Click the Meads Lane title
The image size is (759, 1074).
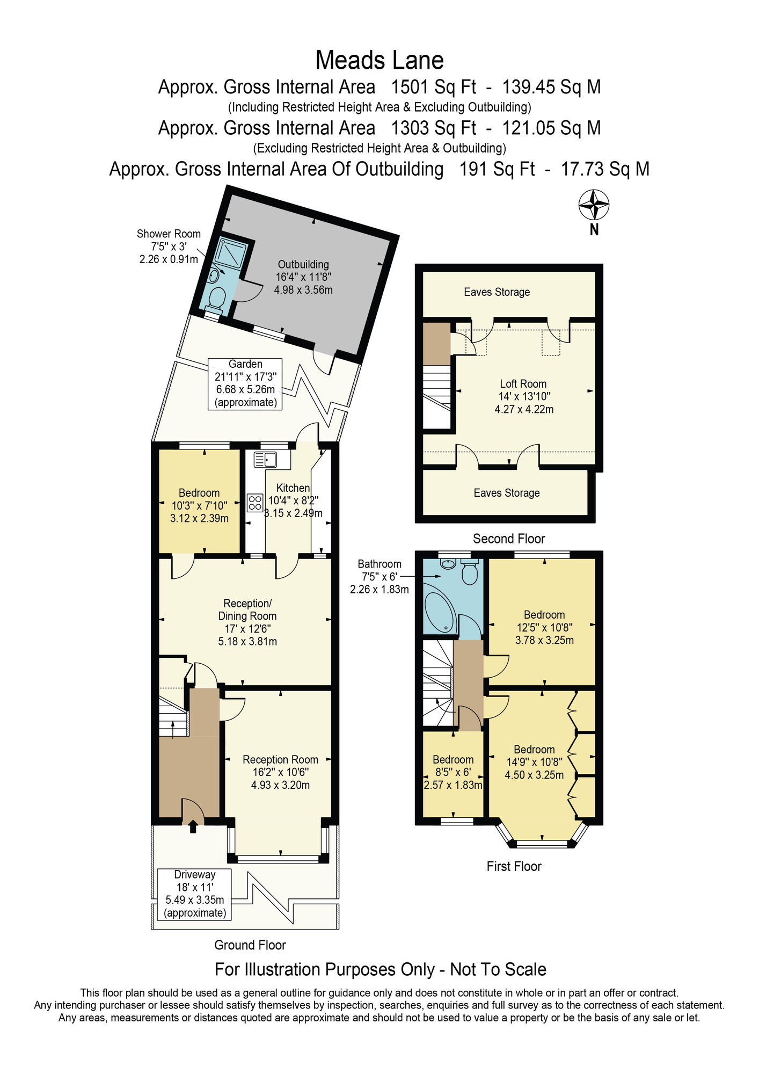[380, 60]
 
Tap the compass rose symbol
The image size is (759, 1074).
[594, 205]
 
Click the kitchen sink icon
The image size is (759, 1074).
[265, 460]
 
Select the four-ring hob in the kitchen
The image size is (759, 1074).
[255, 503]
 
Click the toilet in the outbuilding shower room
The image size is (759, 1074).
[217, 297]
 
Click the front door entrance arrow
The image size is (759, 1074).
[193, 828]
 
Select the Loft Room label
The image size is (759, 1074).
[523, 384]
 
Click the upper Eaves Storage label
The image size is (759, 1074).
[497, 292]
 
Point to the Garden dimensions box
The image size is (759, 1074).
[245, 383]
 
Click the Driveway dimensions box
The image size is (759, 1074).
[194, 894]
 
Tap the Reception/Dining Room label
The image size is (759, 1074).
[247, 610]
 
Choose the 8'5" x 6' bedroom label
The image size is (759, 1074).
[453, 772]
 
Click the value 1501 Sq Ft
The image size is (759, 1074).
[433, 87]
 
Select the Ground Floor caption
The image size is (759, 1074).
[250, 945]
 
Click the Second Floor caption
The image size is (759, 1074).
[509, 539]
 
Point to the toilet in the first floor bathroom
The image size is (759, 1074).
[470, 574]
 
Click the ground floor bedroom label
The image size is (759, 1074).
[199, 493]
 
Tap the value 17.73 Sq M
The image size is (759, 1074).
[605, 169]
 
